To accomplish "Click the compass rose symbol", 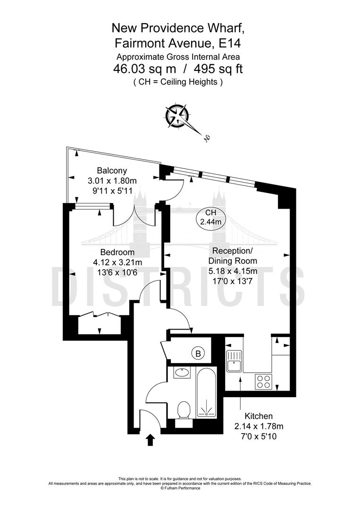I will (x=177, y=116).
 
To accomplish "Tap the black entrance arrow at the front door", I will (x=151, y=440).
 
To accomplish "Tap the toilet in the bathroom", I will (x=184, y=409).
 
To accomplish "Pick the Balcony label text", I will (x=112, y=170).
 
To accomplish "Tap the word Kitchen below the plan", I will (x=259, y=416).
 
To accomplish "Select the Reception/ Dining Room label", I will (x=234, y=255).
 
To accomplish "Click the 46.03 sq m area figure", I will (x=140, y=69).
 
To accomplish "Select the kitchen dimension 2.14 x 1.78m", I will (x=259, y=426).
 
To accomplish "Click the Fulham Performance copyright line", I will (x=180, y=488).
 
